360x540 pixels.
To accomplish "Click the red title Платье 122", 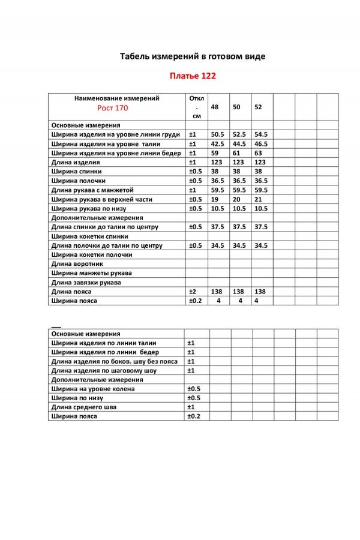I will pos(191,76).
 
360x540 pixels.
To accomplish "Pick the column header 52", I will pos(258,107).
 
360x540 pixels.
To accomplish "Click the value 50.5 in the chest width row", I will pos(217,135).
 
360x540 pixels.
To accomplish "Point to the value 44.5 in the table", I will pos(239,144).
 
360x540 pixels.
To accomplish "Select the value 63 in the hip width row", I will pos(259,153).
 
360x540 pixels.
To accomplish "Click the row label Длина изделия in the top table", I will pos(76,162).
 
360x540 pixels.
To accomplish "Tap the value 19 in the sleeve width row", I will pos(215,199).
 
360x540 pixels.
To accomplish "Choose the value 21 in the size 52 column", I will pos(259,199).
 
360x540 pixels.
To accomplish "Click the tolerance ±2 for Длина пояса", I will pos(193,291).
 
